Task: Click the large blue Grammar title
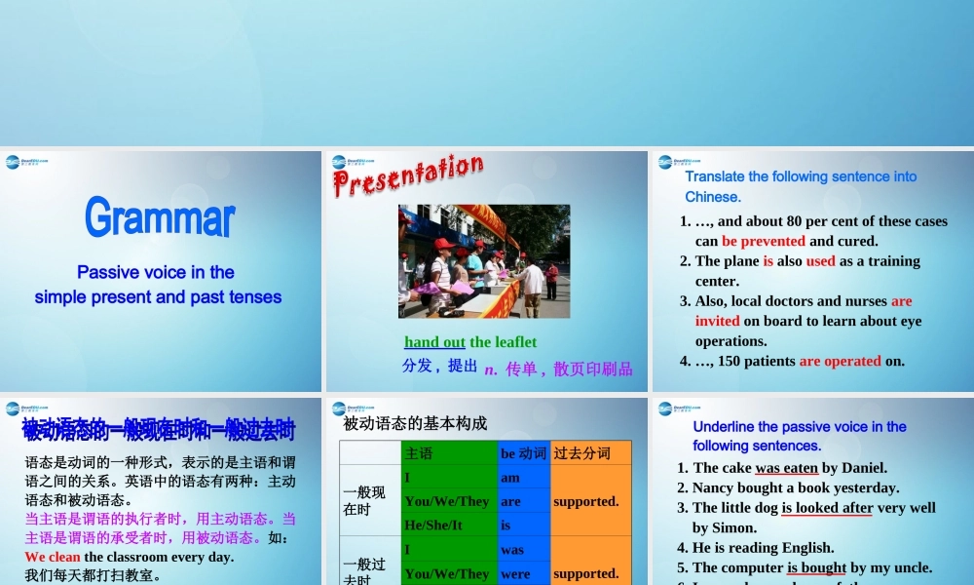click(160, 217)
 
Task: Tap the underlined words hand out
click(434, 341)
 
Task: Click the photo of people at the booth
click(484, 260)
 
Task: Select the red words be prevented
click(764, 241)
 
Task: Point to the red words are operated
click(840, 361)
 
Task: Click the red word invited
click(718, 321)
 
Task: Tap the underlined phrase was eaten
click(786, 467)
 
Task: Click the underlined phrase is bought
click(816, 567)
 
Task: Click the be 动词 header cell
click(523, 453)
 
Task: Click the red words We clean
click(53, 557)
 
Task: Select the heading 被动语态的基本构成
click(415, 423)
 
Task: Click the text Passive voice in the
click(156, 272)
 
